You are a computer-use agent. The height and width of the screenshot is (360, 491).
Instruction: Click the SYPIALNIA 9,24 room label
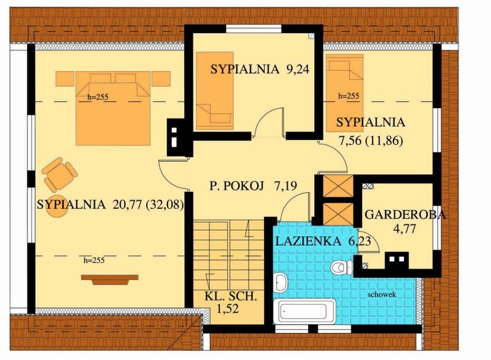click(258, 69)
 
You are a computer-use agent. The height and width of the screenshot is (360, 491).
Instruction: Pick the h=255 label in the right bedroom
click(349, 96)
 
